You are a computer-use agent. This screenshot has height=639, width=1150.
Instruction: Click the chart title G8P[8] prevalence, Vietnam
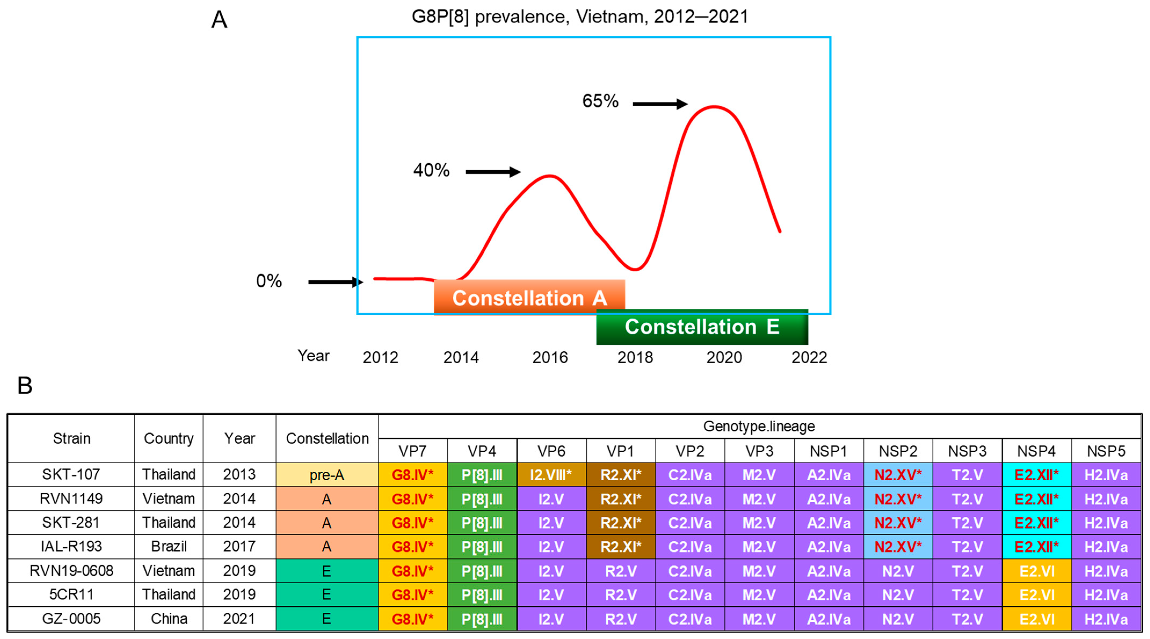(580, 17)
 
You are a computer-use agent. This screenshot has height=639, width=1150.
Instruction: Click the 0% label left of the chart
(269, 281)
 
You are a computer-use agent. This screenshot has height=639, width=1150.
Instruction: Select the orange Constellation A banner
(529, 297)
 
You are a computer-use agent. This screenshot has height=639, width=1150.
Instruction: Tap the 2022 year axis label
(809, 357)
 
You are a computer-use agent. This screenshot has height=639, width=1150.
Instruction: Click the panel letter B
(25, 385)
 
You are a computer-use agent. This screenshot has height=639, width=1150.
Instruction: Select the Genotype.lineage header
(759, 427)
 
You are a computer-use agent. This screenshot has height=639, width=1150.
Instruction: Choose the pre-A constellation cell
(327, 475)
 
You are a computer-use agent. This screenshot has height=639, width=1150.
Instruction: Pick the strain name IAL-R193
(71, 547)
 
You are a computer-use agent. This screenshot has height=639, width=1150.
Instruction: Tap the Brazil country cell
(169, 547)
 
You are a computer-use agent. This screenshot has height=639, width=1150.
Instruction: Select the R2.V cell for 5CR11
(621, 595)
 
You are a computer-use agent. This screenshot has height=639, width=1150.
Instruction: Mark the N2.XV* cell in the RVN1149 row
(898, 499)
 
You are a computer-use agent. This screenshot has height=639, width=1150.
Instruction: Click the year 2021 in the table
(239, 619)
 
